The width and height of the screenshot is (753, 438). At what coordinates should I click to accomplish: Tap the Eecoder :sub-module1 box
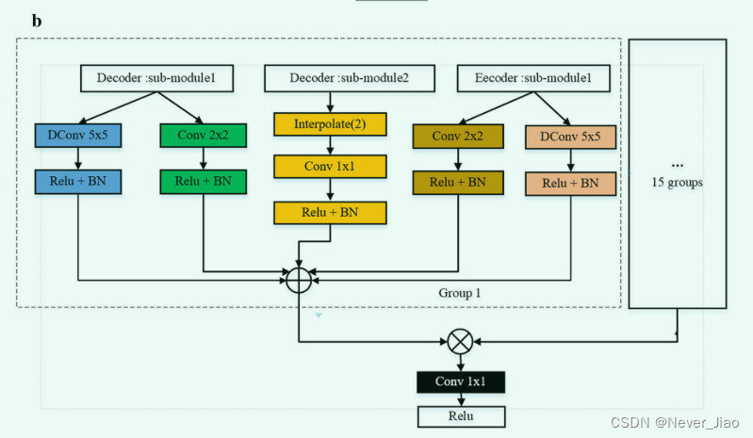pyautogui.click(x=525, y=78)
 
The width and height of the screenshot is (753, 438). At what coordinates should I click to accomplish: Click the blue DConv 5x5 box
pyautogui.click(x=76, y=137)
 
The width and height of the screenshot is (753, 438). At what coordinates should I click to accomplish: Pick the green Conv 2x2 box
pyautogui.click(x=203, y=137)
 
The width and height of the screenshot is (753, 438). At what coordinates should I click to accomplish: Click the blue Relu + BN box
pyautogui.click(x=76, y=181)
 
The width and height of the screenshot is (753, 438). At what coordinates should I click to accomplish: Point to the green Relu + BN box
pyautogui.click(x=203, y=181)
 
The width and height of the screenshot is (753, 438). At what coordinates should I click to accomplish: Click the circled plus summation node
pyautogui.click(x=299, y=280)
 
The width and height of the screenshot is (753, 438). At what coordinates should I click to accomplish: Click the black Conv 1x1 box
pyautogui.click(x=461, y=381)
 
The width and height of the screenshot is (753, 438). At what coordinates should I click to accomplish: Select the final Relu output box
pyautogui.click(x=461, y=416)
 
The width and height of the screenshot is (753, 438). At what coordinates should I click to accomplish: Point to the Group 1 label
pyautogui.click(x=459, y=293)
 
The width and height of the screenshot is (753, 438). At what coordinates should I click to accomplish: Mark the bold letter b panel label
pyautogui.click(x=37, y=20)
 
